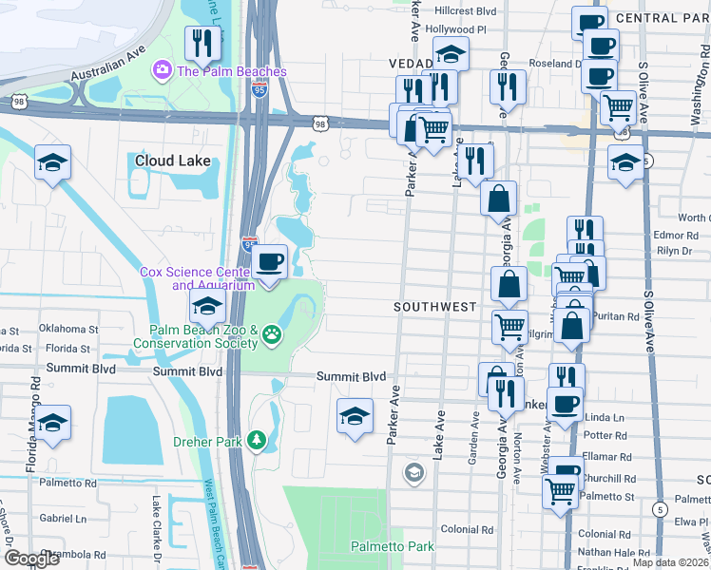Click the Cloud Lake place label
[x=172, y=161]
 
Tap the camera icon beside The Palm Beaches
[x=162, y=70]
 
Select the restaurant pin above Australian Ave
[x=202, y=42]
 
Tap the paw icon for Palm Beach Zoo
[x=272, y=332]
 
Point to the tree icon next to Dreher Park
[x=256, y=439]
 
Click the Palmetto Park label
[x=392, y=546]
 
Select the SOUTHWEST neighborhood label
[x=434, y=307]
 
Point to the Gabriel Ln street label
[x=64, y=519]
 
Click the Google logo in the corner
[x=32, y=559]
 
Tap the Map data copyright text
[x=670, y=562]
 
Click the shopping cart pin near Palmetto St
[x=560, y=491]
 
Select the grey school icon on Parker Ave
[x=413, y=471]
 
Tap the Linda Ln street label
[x=605, y=418]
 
